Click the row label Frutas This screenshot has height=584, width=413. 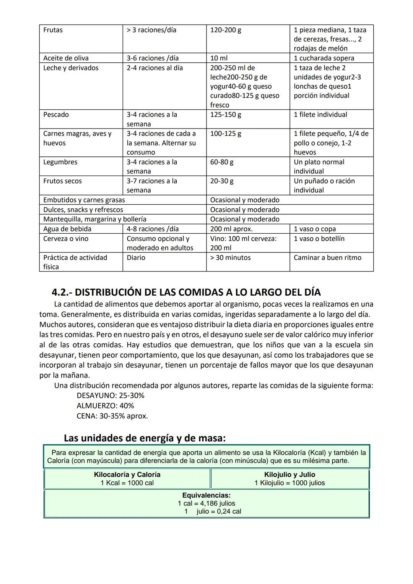tap(53, 30)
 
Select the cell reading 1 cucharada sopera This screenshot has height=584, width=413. tap(324, 58)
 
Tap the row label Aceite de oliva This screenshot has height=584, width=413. tap(66, 58)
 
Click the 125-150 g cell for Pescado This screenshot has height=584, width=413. tap(225, 115)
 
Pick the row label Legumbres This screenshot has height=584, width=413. tap(60, 162)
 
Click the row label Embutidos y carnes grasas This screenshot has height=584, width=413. tap(84, 200)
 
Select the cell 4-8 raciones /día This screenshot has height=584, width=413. tap(153, 229)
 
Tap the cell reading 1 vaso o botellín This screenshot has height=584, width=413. tap(319, 239)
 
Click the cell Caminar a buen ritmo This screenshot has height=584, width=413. tap(327, 258)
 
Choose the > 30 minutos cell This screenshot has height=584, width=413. tap(230, 258)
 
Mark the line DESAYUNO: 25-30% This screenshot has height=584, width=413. tap(111, 396)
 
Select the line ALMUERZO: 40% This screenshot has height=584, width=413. tap(105, 406)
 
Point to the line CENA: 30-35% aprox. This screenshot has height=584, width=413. tap(112, 416)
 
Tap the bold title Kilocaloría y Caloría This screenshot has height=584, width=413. tap(127, 475)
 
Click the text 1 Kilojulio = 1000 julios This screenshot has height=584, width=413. tap(289, 483)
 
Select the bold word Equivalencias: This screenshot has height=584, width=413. tap(206, 496)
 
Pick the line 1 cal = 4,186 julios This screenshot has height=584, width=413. tap(206, 504)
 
